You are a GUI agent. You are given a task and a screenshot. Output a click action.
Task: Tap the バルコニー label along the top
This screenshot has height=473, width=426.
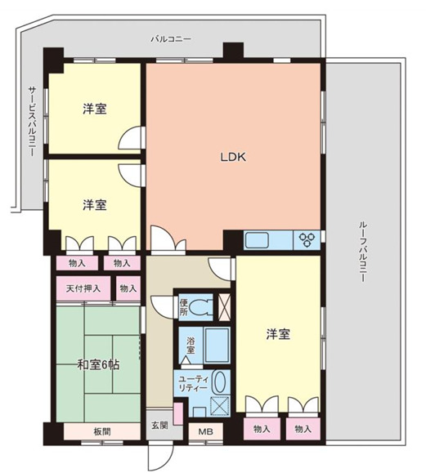172,38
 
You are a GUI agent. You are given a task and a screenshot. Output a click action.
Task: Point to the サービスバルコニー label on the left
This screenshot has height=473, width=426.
31,123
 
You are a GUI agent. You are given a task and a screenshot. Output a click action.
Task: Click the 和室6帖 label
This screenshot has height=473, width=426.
98,364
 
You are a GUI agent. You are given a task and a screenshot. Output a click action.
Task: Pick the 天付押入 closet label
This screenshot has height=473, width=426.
83,288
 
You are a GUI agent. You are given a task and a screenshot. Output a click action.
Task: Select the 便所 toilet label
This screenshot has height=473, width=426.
184,307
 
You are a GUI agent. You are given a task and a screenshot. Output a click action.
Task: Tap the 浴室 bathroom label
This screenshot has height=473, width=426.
190,345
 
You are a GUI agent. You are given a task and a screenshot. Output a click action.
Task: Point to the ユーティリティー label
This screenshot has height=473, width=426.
195,383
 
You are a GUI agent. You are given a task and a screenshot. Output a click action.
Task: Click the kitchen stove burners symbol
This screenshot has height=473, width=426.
309,239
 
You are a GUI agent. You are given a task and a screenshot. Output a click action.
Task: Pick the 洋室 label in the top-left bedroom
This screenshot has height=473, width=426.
95,109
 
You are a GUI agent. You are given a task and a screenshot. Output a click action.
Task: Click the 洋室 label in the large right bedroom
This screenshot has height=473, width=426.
278,333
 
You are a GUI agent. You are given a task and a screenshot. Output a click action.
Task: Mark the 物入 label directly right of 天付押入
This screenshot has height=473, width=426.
127,288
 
